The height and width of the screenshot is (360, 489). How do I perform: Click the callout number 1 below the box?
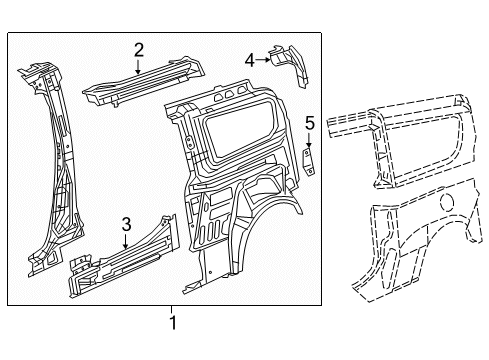[x=172, y=323]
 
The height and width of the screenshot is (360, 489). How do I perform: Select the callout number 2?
[x=139, y=50]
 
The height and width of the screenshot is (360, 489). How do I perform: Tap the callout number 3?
[x=126, y=224]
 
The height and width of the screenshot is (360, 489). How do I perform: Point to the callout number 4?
[x=250, y=60]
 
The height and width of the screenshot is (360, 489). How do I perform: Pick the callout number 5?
[x=310, y=123]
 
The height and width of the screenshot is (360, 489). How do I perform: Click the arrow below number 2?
[x=138, y=66]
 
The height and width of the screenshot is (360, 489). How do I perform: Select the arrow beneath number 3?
[x=126, y=241]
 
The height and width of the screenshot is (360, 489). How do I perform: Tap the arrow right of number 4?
[x=263, y=60]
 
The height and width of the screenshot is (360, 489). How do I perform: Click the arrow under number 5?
[x=309, y=140]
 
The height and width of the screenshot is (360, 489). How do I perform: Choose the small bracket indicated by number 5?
[x=308, y=162]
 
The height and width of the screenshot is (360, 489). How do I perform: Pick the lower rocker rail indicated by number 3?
[x=123, y=257]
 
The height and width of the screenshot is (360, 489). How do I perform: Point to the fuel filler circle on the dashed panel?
[x=447, y=202]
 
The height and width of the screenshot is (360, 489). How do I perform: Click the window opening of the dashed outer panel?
[x=427, y=147]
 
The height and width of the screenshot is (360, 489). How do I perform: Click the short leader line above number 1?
[x=172, y=310]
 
